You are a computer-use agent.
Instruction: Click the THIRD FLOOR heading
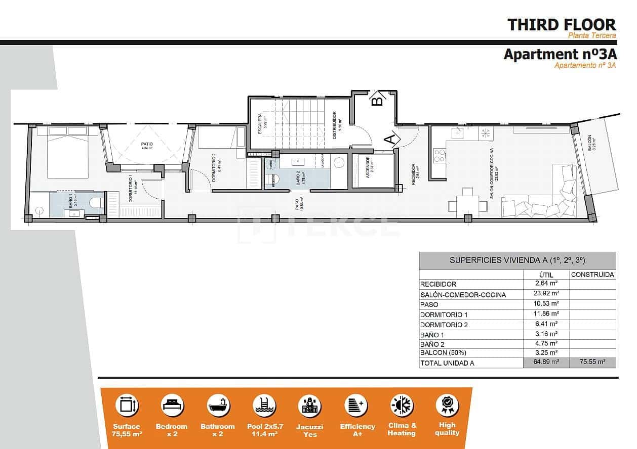pos(562,24)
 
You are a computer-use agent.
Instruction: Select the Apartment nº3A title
pos(560,54)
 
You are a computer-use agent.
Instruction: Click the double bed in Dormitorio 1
pos(67,152)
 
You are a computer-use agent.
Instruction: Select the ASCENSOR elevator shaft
pos(373,170)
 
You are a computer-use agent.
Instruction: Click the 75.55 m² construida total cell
pos(592,363)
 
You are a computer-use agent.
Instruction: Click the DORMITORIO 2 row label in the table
pos(441,325)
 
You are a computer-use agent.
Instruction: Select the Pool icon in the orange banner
pos(264,406)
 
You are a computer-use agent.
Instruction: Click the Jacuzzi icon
pos(309,406)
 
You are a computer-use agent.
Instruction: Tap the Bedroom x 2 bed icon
pos(172,406)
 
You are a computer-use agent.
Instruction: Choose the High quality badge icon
pos(447,405)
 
